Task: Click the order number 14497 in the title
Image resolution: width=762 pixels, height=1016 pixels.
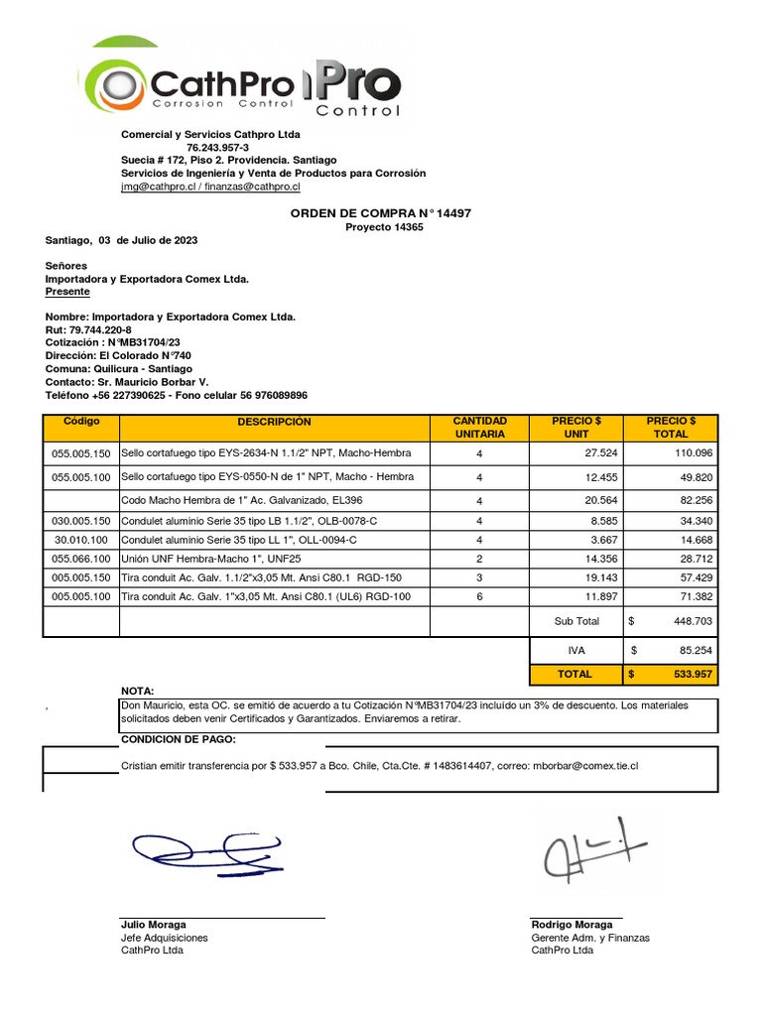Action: pyautogui.click(x=453, y=213)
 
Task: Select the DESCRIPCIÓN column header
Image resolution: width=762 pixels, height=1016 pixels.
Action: pyautogui.click(x=274, y=422)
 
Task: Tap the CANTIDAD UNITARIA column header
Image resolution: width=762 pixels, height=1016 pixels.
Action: pyautogui.click(x=479, y=428)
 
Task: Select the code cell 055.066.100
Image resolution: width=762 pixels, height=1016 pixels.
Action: pyautogui.click(x=81, y=560)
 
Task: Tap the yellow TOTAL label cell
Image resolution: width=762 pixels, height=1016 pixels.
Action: pyautogui.click(x=574, y=674)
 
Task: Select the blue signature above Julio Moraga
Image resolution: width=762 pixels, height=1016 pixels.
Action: pyautogui.click(x=206, y=848)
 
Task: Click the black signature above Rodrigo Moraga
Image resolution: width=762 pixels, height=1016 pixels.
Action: pyautogui.click(x=591, y=849)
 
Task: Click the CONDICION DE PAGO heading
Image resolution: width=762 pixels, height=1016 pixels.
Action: pyautogui.click(x=179, y=739)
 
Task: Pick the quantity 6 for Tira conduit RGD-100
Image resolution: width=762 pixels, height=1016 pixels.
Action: pyautogui.click(x=479, y=596)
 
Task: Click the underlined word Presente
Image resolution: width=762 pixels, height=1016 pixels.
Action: pyautogui.click(x=67, y=292)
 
